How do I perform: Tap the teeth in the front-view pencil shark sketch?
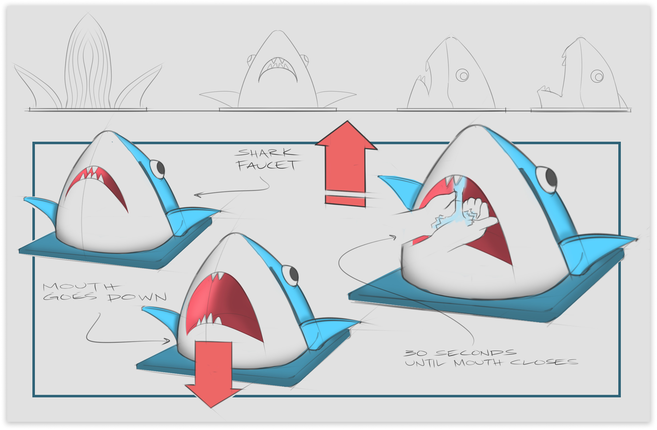pos(278,64)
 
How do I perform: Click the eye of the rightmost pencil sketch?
pos(597,76)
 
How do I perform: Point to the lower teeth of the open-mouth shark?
pos(209,320)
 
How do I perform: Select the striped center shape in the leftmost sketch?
pos(88,64)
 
